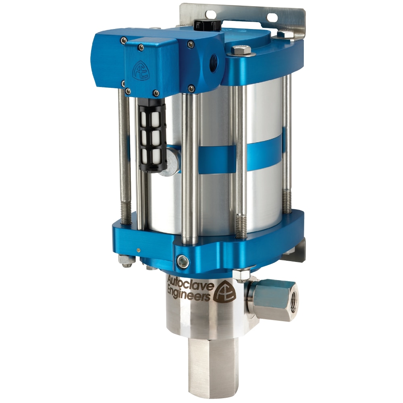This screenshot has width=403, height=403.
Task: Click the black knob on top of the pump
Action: tap(208, 24)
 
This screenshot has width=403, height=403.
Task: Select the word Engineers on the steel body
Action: tap(188, 294)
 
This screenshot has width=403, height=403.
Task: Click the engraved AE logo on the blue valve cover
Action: tap(141, 70)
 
